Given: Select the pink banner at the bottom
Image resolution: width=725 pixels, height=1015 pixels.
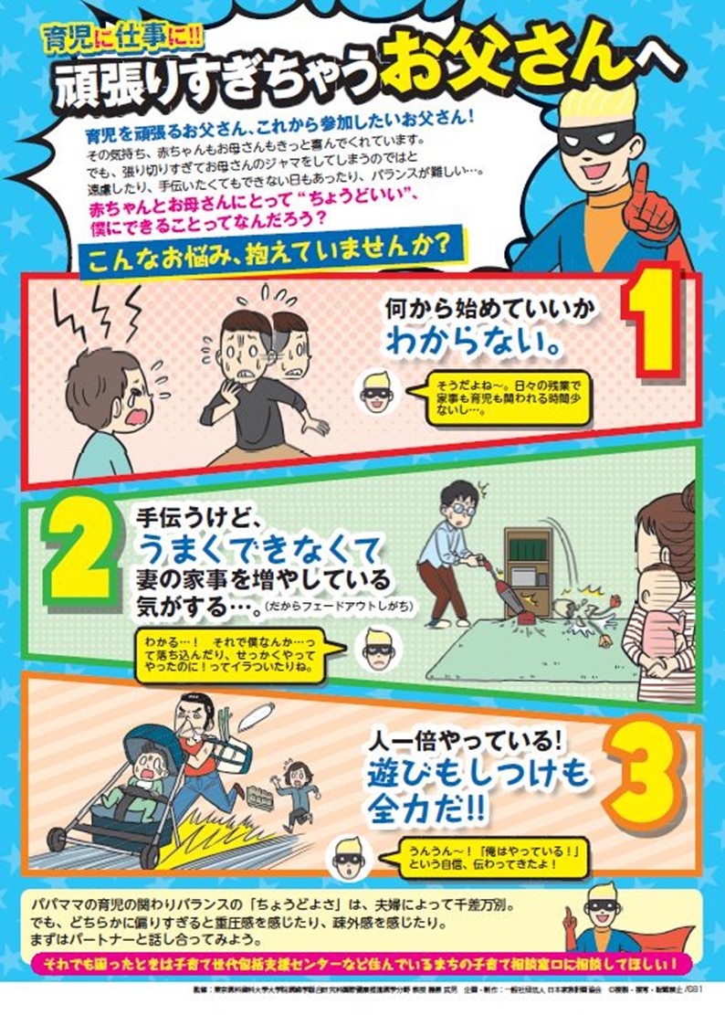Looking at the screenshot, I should tap(362, 963).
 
